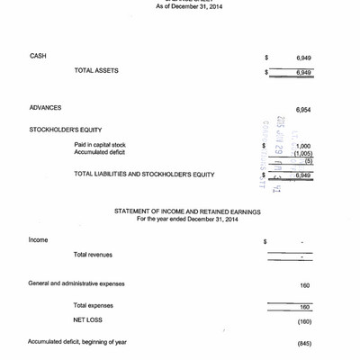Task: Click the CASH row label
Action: coord(39,56)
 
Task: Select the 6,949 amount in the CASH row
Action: coord(303,58)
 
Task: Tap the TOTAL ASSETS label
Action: coord(96,70)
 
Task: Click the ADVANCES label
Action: coord(46,107)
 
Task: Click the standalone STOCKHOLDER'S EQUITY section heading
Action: coord(67,130)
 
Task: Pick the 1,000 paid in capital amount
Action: coord(302,146)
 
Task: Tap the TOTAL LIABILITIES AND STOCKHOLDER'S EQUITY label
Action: coord(144,174)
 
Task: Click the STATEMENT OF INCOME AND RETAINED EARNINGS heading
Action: coord(187,211)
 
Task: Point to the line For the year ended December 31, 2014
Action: coord(187,219)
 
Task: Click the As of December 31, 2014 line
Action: coord(184,6)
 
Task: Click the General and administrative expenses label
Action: coord(76,283)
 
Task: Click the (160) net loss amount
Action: coord(303,321)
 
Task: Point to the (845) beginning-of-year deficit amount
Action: coord(303,343)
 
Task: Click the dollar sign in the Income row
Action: coord(265,242)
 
